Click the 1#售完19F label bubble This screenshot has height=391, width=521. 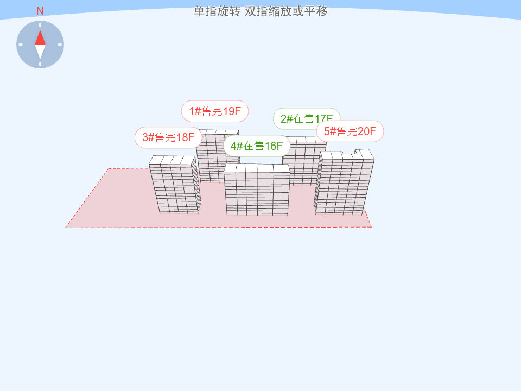[215, 111]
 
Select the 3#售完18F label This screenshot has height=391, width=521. [168, 137]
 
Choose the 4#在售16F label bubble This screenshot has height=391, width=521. [256, 146]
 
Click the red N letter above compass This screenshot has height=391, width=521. [40, 11]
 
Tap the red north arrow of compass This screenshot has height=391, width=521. [40, 37]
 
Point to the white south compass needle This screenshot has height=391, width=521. [40, 52]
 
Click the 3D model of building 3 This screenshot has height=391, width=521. [175, 187]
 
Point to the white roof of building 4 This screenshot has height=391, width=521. [257, 168]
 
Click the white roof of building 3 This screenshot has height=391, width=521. [173, 160]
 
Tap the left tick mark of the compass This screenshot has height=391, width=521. [21, 45]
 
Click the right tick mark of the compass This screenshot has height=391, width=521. [60, 45]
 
